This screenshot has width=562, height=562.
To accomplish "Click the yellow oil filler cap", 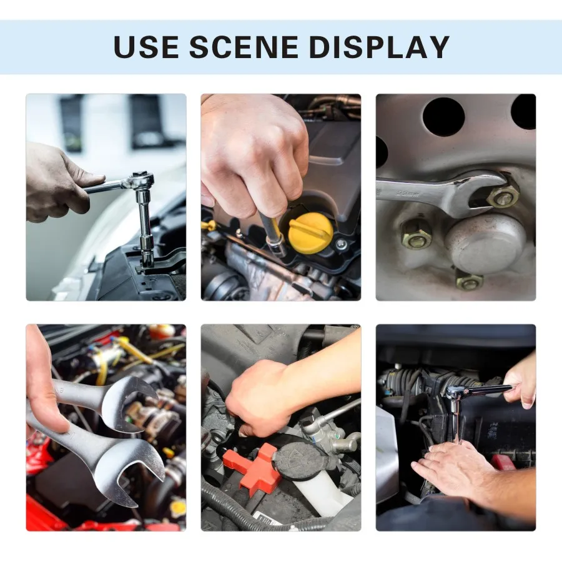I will (310, 232).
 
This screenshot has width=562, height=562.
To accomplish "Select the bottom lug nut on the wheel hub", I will (469, 282).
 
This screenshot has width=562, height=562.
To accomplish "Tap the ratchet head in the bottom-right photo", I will (455, 393).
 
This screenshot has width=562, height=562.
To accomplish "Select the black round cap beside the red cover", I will (298, 461).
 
